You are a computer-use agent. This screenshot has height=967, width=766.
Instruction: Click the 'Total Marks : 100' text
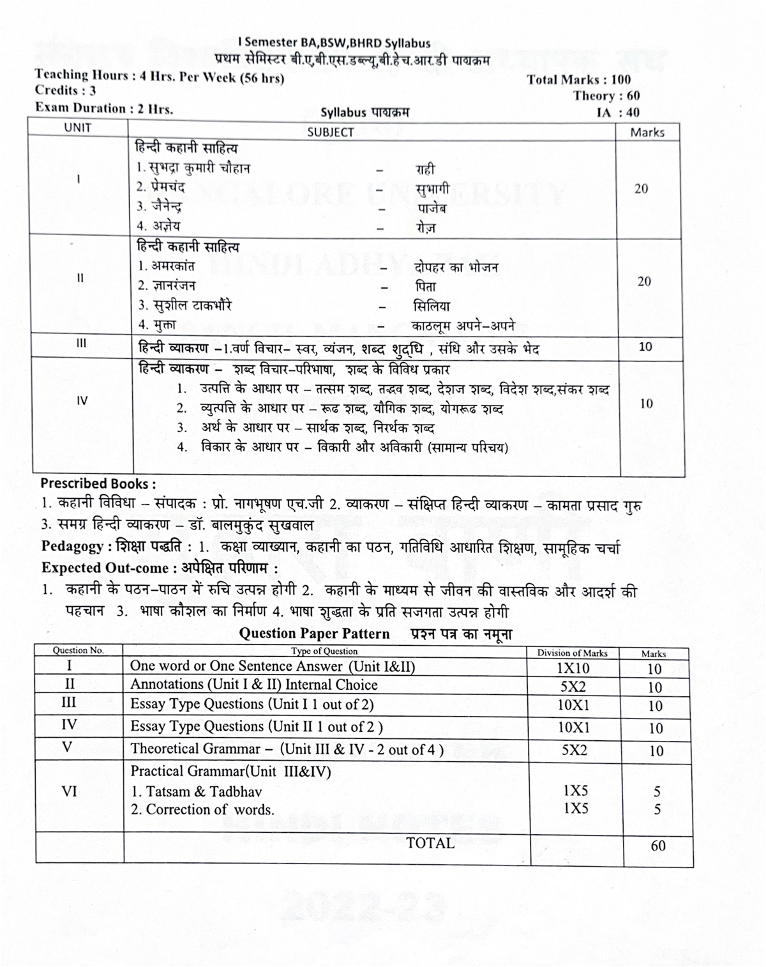click(x=578, y=80)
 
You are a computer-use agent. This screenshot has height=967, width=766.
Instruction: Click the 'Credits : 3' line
click(x=65, y=91)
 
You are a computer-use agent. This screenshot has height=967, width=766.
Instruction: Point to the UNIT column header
click(x=78, y=128)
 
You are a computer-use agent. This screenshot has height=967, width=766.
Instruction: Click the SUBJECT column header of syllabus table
click(x=330, y=132)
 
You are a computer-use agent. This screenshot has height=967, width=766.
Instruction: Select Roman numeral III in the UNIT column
click(x=81, y=344)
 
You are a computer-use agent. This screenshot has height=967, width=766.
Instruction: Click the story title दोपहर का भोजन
click(x=456, y=267)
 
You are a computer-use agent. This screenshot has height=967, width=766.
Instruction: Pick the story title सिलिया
click(x=431, y=306)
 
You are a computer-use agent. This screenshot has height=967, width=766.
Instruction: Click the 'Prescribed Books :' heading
click(x=98, y=483)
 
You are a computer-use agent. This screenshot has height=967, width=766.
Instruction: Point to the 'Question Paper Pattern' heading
click(x=314, y=634)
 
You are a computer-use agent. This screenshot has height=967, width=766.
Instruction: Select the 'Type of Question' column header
click(x=324, y=651)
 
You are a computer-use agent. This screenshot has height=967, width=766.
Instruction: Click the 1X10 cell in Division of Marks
click(x=573, y=668)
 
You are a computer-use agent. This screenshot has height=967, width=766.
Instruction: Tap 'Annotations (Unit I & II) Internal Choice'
click(x=253, y=685)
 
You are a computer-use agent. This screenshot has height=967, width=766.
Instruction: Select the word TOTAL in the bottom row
click(x=430, y=843)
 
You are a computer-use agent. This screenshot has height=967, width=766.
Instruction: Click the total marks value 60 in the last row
click(x=657, y=846)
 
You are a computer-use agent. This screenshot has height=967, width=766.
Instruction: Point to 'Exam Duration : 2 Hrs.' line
click(x=104, y=108)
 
